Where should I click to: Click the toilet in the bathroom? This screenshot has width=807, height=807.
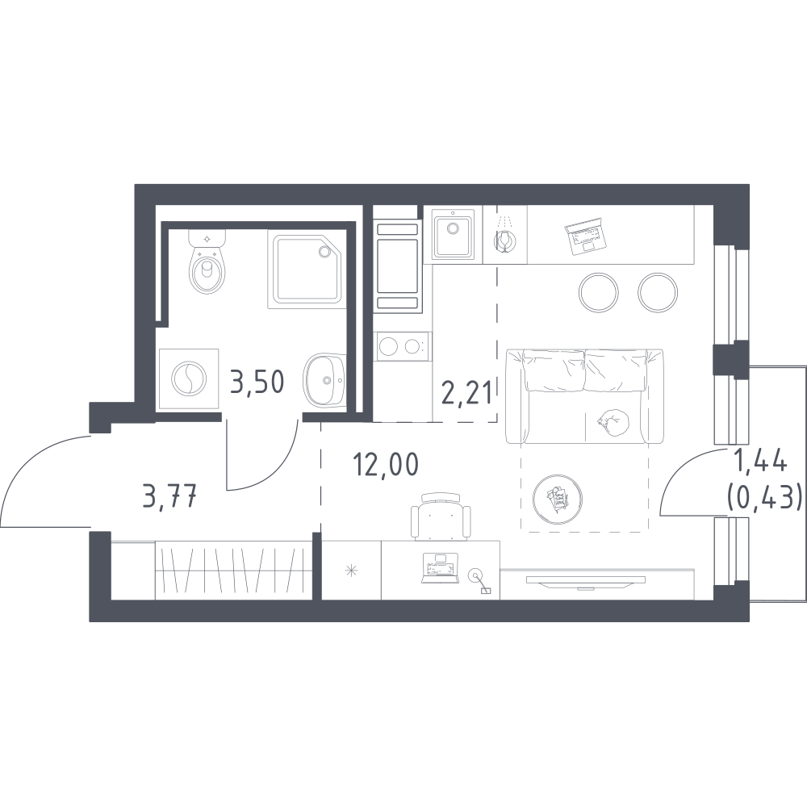pyautogui.click(x=207, y=261)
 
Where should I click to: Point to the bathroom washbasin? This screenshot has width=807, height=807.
pyautogui.click(x=324, y=380)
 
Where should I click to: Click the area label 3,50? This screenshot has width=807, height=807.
pyautogui.click(x=257, y=382)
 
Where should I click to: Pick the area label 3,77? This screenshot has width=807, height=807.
pyautogui.click(x=169, y=497)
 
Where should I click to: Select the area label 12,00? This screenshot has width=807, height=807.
pyautogui.click(x=386, y=465)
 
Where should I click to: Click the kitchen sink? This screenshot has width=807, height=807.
pyautogui.click(x=453, y=235)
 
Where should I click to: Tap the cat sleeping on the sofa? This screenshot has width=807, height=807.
pyautogui.click(x=613, y=420)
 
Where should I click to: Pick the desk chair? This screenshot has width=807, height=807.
pyautogui.click(x=441, y=516)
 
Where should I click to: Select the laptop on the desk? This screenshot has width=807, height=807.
pyautogui.click(x=440, y=568)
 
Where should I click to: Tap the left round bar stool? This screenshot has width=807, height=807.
pyautogui.click(x=598, y=292)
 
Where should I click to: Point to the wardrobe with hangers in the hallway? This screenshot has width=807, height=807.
pyautogui.click(x=234, y=571)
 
